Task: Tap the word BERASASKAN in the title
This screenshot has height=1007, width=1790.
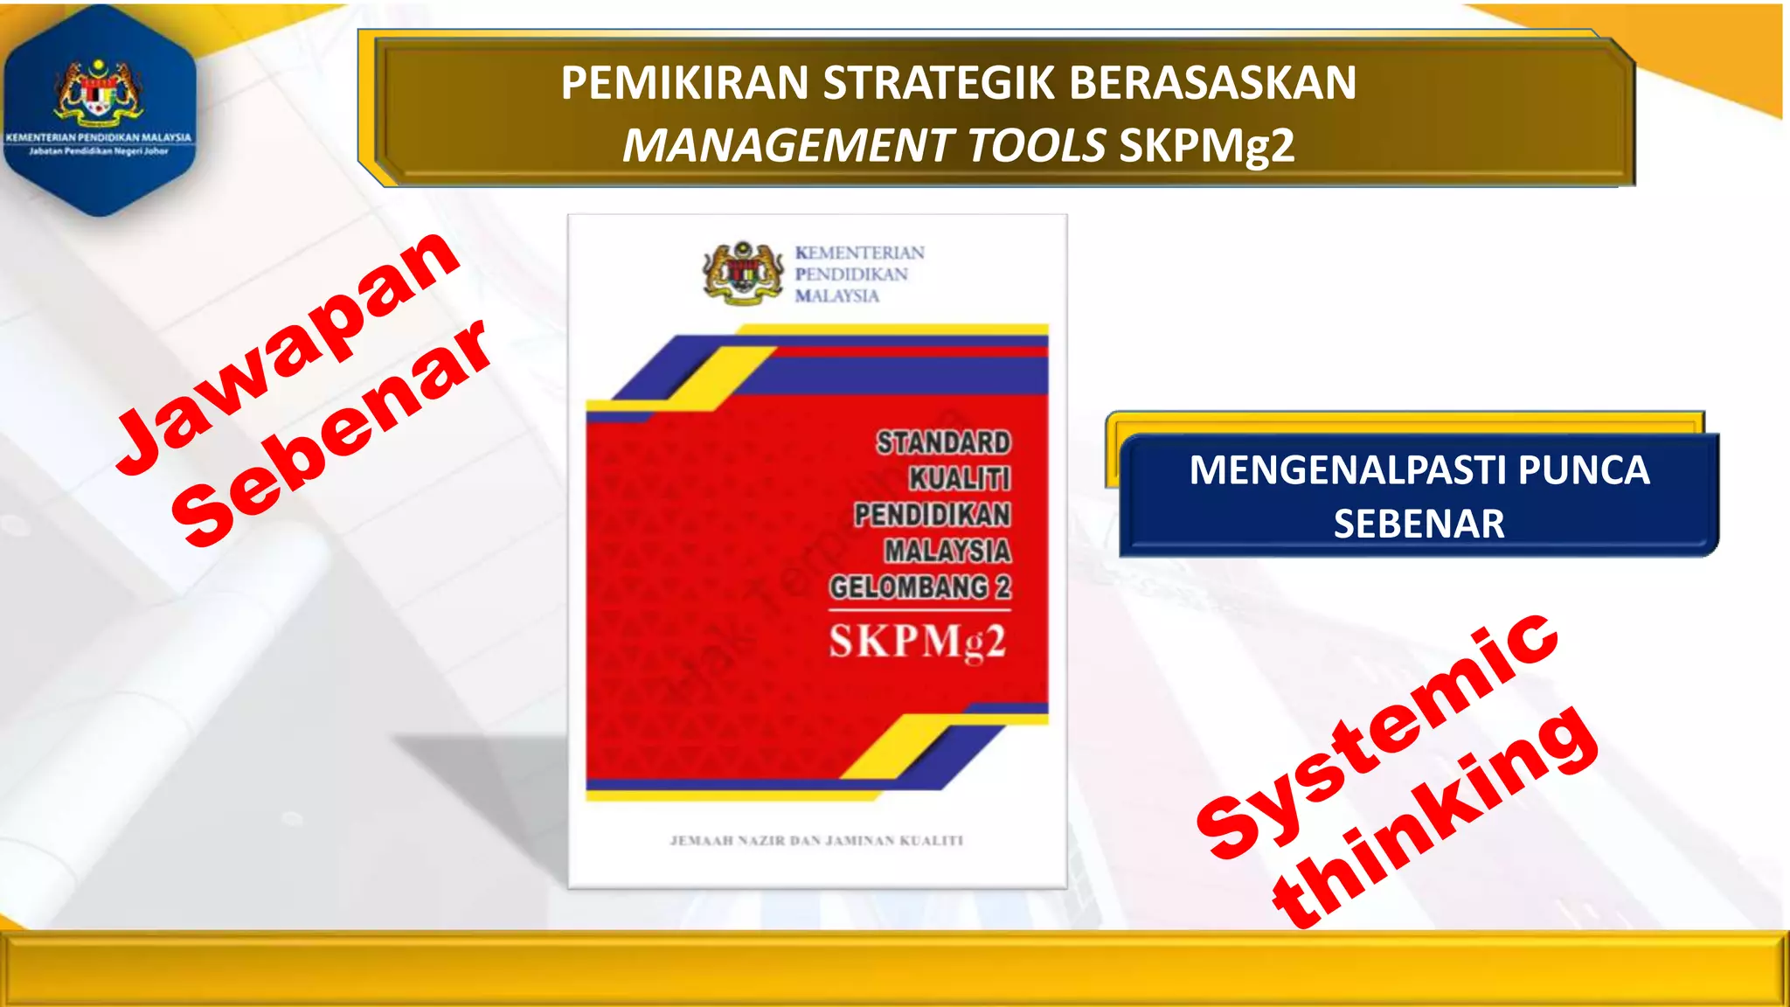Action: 1212,83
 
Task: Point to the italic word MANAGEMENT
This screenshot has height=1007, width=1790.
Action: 787,145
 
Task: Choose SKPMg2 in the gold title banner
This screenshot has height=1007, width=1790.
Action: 1206,146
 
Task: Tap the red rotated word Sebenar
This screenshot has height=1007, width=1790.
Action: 332,433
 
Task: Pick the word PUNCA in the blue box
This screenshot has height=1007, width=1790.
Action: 1584,470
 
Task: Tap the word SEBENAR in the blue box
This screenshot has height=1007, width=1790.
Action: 1419,524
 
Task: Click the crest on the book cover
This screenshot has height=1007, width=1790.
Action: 743,273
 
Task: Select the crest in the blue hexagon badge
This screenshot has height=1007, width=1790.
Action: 98,90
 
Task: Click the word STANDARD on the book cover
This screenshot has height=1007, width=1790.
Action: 944,443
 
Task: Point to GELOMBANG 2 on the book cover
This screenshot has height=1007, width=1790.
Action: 920,587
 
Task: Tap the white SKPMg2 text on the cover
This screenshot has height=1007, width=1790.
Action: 918,642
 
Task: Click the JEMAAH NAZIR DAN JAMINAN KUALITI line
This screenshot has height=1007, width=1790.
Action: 816,841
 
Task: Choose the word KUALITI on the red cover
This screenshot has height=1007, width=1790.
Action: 960,479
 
